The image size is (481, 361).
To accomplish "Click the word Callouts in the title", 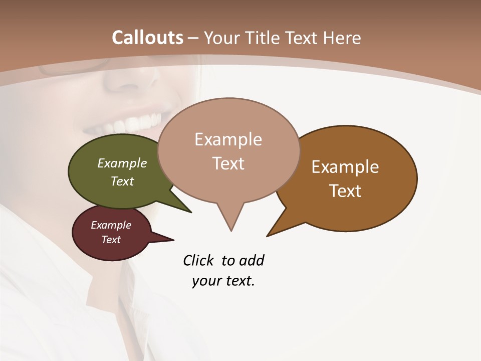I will (x=147, y=38).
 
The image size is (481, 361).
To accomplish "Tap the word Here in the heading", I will (x=342, y=38).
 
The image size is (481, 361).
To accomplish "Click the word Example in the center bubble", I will (x=228, y=139).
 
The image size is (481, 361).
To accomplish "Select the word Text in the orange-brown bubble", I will (x=345, y=191).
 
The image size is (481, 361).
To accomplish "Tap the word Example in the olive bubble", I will (x=122, y=163).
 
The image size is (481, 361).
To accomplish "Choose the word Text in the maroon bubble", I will (x=111, y=240).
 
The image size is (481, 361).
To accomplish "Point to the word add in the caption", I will (x=252, y=261).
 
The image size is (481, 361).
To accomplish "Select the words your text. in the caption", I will (x=223, y=281).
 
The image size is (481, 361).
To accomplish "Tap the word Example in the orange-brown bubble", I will (x=345, y=167).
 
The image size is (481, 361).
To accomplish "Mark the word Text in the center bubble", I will (x=228, y=163).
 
